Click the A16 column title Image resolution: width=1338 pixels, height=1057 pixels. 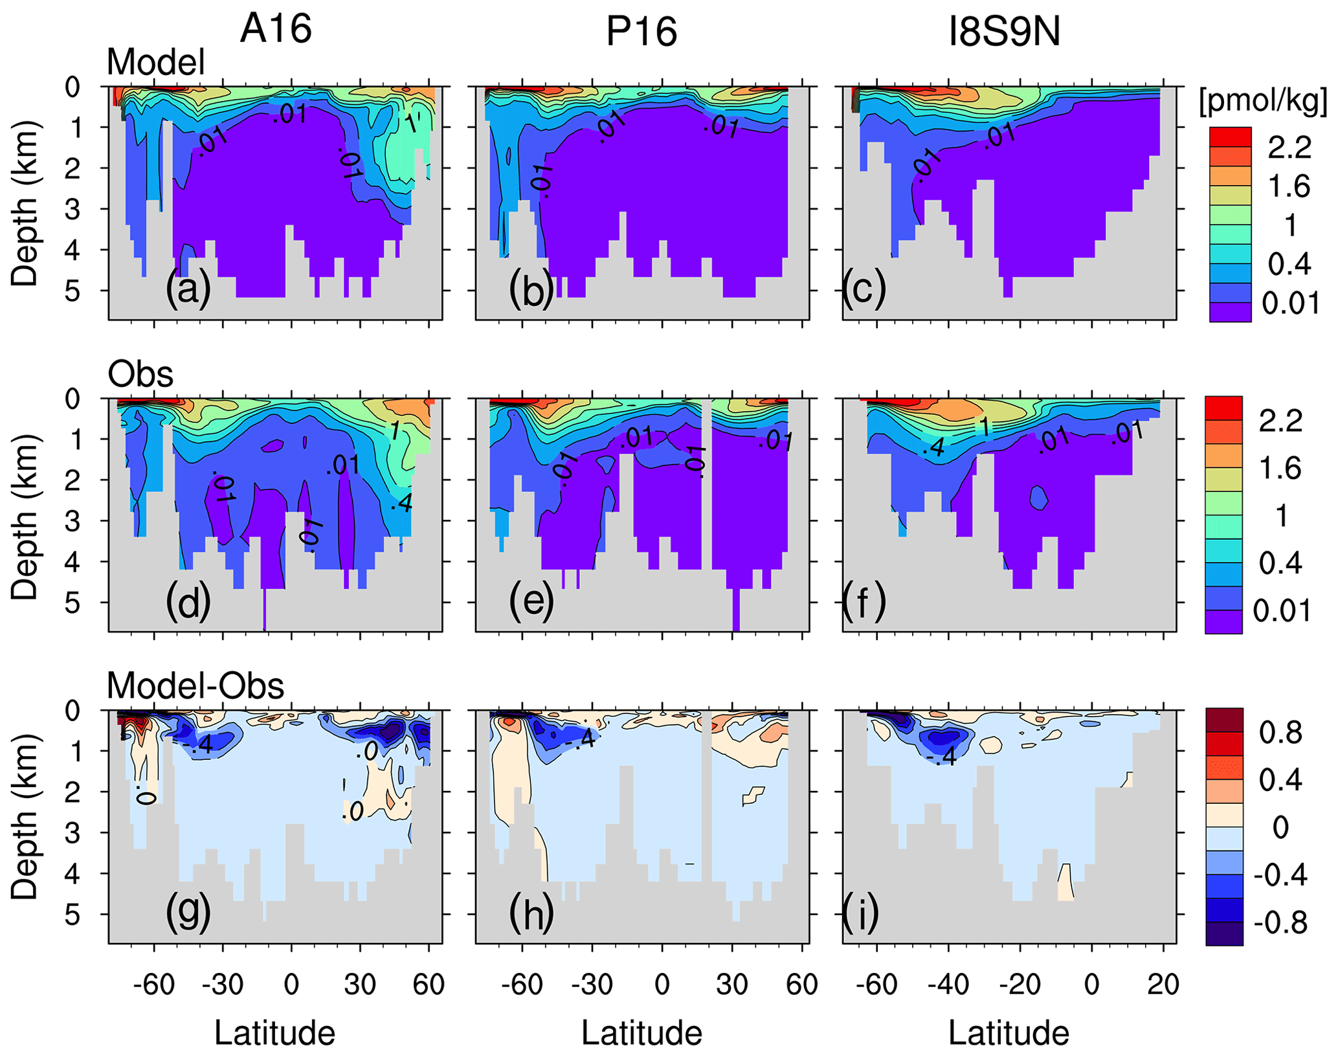coord(276,29)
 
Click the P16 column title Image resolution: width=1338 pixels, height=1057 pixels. coord(641,31)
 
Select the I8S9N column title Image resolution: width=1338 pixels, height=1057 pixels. coord(1004,31)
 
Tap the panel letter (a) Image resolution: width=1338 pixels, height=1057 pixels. coord(188,288)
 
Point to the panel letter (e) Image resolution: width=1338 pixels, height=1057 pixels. coord(531,601)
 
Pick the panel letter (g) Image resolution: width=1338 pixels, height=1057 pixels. coord(188,913)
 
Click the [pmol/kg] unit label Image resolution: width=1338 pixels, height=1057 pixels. coord(1263,102)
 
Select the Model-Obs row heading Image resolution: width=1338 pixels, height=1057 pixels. coord(195,685)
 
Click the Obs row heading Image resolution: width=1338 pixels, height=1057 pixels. coord(140,374)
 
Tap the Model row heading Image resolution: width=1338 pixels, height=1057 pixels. coord(155,63)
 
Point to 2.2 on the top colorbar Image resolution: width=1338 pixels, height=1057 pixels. coord(1289,148)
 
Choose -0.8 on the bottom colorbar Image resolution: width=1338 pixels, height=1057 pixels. coord(1280,922)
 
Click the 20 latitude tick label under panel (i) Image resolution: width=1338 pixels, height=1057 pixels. coord(1163,985)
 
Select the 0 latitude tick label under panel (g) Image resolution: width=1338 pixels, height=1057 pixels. coord(291,985)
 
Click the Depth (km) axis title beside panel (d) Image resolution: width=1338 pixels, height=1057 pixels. coord(25,516)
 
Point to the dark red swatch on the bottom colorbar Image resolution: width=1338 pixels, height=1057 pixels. coord(1224,719)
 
